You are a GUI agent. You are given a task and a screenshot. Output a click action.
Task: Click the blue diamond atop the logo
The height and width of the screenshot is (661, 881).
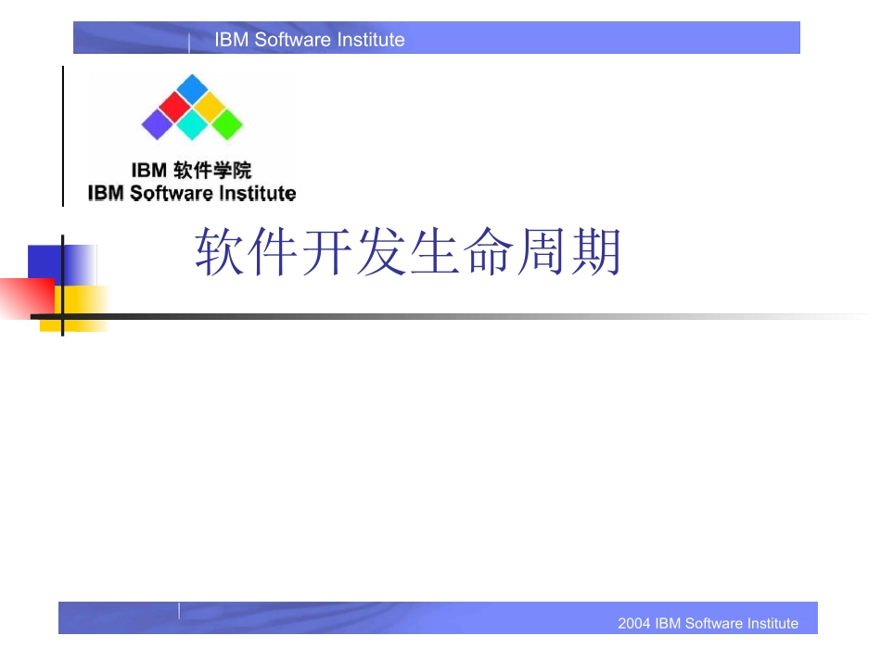(193, 88)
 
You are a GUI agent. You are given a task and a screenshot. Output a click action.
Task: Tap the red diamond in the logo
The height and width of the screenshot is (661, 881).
(173, 107)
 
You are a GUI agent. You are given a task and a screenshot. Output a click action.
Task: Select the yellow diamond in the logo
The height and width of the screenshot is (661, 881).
(210, 107)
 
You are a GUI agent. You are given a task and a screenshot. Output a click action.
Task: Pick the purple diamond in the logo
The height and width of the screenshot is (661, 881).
(157, 124)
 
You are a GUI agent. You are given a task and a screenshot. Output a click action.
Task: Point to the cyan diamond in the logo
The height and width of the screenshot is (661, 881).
(192, 124)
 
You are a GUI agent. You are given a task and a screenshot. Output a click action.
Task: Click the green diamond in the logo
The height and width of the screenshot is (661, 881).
(226, 124)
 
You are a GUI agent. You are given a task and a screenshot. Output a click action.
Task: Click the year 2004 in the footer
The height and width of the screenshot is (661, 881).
(634, 623)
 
